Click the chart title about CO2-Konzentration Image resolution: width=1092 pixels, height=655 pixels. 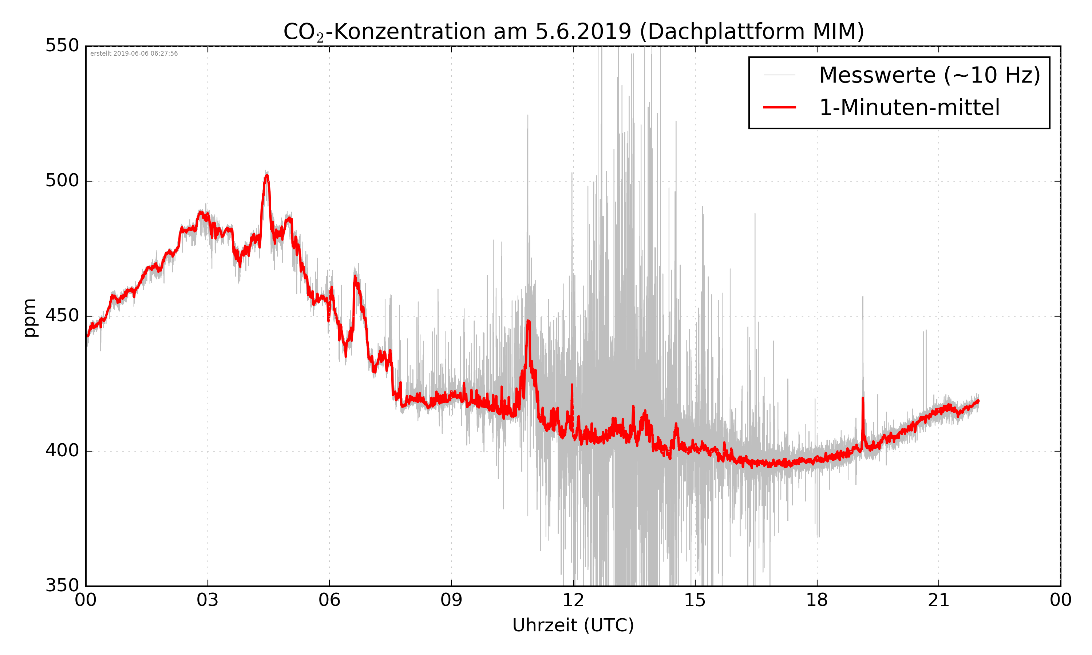573,32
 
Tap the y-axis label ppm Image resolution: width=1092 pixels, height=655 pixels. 29,318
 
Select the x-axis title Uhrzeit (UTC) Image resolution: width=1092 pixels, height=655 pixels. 573,626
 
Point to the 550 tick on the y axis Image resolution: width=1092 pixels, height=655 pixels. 62,45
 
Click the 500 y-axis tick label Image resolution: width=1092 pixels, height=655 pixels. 62,180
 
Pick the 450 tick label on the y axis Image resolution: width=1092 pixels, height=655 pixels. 62,315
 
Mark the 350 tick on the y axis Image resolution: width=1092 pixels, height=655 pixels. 62,586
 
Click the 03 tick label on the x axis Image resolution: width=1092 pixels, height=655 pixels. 207,600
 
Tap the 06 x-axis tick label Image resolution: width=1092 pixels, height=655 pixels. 329,600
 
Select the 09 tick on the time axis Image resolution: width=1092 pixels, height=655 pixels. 451,600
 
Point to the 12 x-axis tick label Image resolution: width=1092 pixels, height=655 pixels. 573,600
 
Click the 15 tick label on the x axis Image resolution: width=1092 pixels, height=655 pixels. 695,600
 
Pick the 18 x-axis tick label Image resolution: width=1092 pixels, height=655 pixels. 816,600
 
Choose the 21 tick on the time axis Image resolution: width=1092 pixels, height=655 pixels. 938,600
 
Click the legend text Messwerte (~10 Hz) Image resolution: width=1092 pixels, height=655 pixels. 930,75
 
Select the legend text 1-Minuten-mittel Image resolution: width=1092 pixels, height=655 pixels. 909,108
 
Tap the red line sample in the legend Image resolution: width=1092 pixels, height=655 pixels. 779,107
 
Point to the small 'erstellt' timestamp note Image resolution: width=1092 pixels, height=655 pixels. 134,53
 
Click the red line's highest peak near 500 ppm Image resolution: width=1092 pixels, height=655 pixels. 266,176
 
